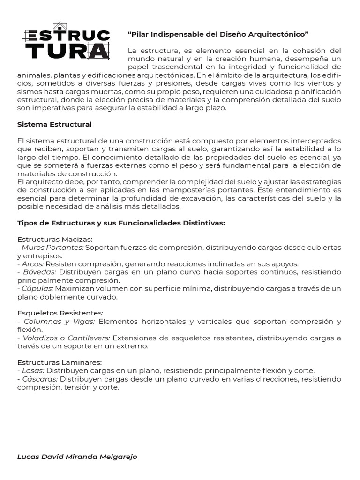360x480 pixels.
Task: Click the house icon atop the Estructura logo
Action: click(x=60, y=26)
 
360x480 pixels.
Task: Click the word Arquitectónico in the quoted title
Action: click(x=281, y=34)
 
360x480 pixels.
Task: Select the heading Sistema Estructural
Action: click(x=54, y=124)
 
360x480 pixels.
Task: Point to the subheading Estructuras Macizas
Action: click(x=55, y=239)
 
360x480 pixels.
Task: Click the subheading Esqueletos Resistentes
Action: click(x=60, y=313)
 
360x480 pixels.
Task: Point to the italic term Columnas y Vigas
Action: click(x=59, y=322)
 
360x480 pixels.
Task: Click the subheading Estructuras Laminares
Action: click(x=60, y=362)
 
